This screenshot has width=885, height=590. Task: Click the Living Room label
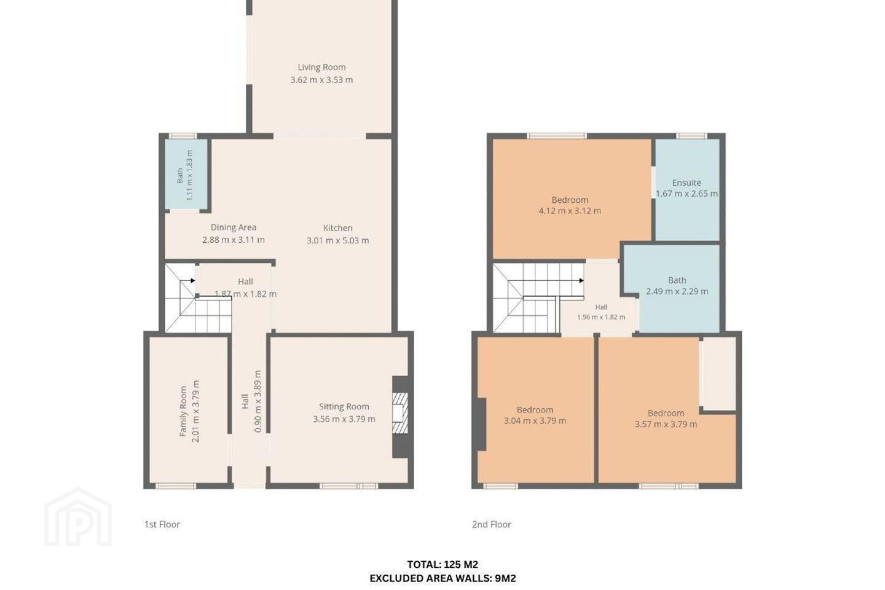321,67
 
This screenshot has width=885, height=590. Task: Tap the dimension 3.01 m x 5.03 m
338,240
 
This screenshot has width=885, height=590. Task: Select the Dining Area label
234,227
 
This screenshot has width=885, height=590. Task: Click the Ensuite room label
686,183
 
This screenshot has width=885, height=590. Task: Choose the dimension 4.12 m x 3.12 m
570,211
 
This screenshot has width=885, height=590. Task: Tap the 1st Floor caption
162,524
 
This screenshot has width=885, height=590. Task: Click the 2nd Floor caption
492,524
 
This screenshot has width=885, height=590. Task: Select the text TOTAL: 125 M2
442,564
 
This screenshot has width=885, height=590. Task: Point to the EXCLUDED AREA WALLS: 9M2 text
442,578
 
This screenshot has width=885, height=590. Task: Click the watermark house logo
78,517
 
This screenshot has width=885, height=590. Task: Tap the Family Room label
183,411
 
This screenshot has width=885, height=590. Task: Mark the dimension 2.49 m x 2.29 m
677,292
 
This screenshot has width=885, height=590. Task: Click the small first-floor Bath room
186,175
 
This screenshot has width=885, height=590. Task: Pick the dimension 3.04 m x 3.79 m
535,421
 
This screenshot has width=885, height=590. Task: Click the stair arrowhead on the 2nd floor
581,281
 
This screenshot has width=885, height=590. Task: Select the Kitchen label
338,228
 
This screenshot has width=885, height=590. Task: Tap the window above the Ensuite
691,136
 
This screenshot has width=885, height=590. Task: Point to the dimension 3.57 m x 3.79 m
666,425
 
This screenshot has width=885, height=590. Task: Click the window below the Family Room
176,486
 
